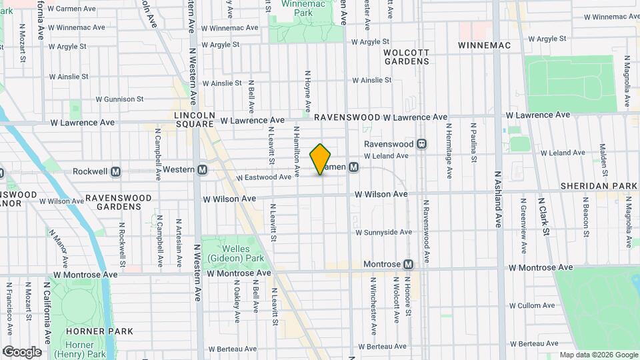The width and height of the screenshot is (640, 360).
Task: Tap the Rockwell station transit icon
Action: pos(116,171)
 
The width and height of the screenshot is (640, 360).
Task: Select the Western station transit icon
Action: pos(202,170)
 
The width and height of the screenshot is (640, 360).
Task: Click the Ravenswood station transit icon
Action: pos(421,144)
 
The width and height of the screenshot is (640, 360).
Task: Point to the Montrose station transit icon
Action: pos(408,264)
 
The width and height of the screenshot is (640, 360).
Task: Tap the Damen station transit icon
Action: pos(354,167)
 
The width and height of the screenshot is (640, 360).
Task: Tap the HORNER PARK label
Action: pos(100,331)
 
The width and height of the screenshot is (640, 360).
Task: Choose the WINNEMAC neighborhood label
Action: pos(485,45)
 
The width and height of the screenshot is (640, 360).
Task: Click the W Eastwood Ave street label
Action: pos(264,177)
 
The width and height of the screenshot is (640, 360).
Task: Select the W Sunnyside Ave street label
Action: pos(384,233)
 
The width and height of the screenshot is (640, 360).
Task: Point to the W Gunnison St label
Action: pos(119,99)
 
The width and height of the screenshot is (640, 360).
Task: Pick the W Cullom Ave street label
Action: pos(526,305)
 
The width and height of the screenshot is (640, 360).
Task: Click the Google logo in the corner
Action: pos(22,351)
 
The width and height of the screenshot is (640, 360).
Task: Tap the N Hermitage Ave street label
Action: pos(449,142)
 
